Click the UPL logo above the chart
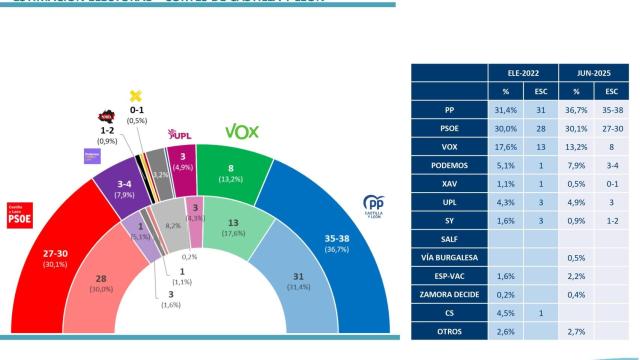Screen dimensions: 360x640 click(180, 133)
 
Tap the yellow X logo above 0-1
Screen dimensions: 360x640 click(136, 96)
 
